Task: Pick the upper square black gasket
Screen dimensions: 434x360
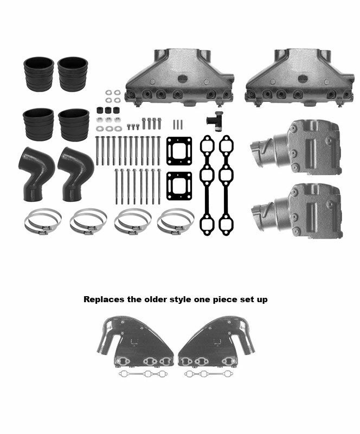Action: click(x=179, y=150)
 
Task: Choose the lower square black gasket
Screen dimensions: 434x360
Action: click(x=179, y=186)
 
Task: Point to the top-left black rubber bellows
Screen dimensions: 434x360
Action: click(x=38, y=73)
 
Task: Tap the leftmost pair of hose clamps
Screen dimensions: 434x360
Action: click(x=42, y=222)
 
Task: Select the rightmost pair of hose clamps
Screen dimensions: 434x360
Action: click(x=175, y=222)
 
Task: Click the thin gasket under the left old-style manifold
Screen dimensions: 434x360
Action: click(x=143, y=374)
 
